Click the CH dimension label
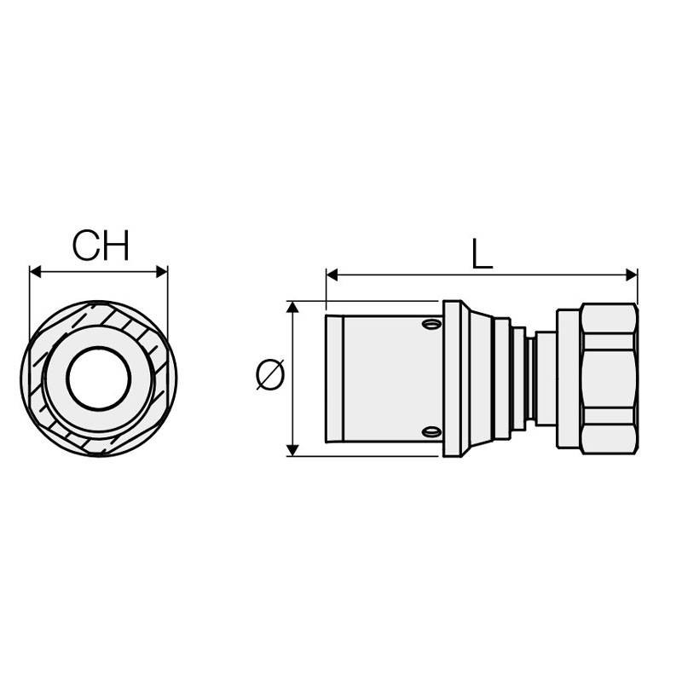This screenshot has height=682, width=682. pyautogui.click(x=101, y=246)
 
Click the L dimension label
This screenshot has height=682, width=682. pyautogui.click(x=482, y=253)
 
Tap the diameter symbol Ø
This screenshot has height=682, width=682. pyautogui.click(x=270, y=373)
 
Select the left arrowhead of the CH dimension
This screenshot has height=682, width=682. pyautogui.click(x=35, y=272)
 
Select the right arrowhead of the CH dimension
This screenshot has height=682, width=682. pyautogui.click(x=162, y=272)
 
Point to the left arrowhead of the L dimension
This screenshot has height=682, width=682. pyautogui.click(x=332, y=275)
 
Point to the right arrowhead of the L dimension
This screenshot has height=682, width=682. pyautogui.click(x=631, y=275)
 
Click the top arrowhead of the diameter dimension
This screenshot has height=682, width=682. pyautogui.click(x=293, y=307)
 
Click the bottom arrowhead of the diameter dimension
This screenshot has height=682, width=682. pyautogui.click(x=293, y=450)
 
